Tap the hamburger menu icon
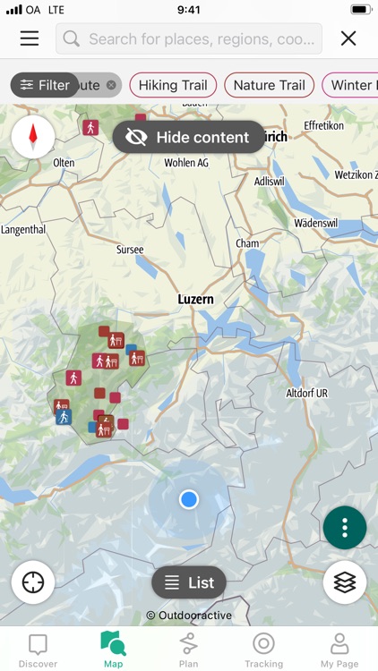pos(30,38)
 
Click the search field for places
pos(189,38)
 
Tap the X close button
pos(348,38)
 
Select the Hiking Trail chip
pos(173,85)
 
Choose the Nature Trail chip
pos(269,85)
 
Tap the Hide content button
pos(189,137)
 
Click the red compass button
pos(33,137)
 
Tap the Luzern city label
pos(195,299)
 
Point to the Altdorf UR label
pos(307,393)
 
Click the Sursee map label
pos(130,250)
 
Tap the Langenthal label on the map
pos(22,230)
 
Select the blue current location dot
pos(188,499)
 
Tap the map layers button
pos(345,582)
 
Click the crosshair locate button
pos(33,582)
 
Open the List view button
pos(189,582)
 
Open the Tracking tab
pos(263,650)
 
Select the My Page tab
pos(339,650)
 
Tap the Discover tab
pos(38,650)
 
